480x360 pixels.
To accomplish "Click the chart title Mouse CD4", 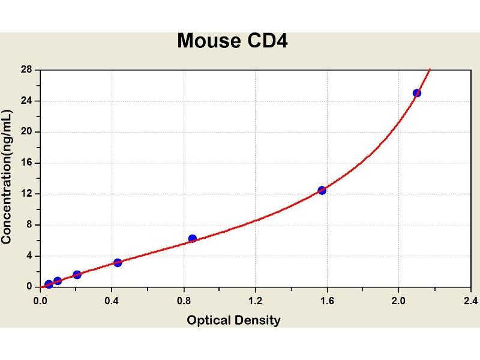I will click(233, 41).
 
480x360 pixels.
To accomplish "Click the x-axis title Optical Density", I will click(233, 320).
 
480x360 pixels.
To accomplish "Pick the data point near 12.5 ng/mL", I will click(322, 190).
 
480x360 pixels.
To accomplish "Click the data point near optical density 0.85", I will click(193, 238).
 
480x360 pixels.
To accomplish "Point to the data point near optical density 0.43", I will click(118, 262).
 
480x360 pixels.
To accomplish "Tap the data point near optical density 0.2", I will click(77, 275).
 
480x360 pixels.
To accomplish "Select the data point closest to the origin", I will click(49, 284).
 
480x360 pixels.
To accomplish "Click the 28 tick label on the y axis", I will click(26, 70).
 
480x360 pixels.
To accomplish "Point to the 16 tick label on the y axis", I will click(26, 163).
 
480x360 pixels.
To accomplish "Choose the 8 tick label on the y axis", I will click(29, 225).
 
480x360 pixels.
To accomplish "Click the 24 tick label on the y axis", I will click(26, 101).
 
